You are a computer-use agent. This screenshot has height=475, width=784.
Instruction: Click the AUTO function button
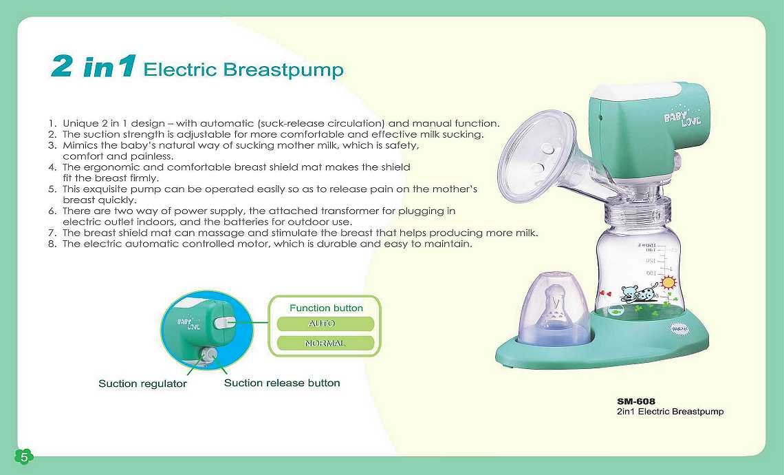(x=325, y=324)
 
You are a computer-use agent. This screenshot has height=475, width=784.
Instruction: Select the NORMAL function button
(x=325, y=344)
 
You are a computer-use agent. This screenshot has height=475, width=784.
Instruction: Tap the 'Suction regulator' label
(x=142, y=384)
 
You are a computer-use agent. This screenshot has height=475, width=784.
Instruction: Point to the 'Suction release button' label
(x=282, y=383)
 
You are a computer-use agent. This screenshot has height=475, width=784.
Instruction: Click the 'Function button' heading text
(x=326, y=308)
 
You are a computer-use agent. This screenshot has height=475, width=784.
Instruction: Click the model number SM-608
(x=636, y=401)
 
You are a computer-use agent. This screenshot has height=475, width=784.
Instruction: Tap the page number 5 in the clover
(x=24, y=456)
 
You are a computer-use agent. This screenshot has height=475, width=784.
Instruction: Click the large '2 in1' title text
(x=94, y=66)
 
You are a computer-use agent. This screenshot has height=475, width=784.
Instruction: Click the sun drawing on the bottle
(x=668, y=282)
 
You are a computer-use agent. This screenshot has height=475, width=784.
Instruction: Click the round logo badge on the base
(x=679, y=329)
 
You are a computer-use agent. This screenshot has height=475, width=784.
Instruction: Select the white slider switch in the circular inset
(x=223, y=323)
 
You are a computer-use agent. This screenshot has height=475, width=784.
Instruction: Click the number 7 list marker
(x=52, y=233)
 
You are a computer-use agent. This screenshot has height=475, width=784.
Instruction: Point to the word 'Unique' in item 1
(x=80, y=124)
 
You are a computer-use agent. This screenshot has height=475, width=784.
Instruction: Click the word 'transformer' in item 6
(x=349, y=211)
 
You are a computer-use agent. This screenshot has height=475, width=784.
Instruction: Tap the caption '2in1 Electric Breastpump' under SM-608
(x=670, y=412)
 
